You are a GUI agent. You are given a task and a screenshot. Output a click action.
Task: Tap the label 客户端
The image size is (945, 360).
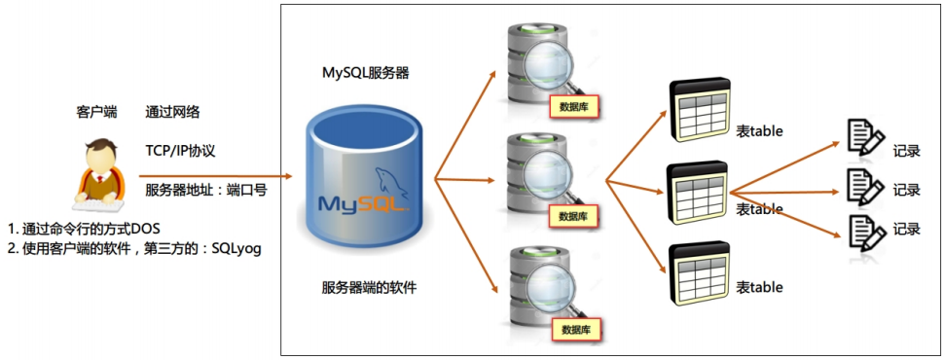[96, 113]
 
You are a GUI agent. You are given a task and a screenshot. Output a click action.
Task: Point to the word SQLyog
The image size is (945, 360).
[238, 248]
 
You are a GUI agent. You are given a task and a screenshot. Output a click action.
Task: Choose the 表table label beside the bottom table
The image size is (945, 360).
[759, 288]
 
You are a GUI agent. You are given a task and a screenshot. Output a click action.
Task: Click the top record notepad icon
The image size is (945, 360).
[864, 138]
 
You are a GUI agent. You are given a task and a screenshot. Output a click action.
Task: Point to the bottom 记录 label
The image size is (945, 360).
[906, 230]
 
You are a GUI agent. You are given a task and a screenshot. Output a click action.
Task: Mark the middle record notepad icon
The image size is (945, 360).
[864, 184]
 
